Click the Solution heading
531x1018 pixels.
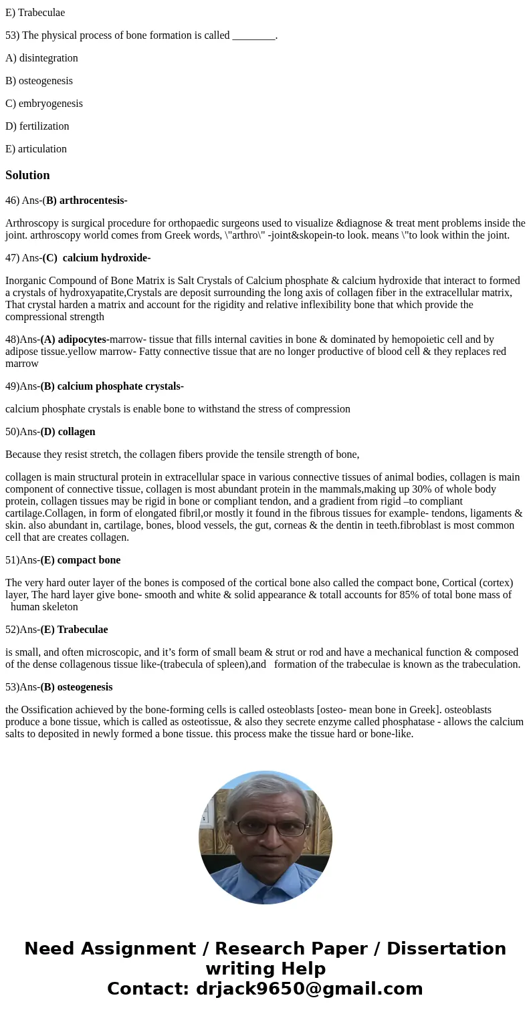27,175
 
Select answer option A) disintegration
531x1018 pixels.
41,58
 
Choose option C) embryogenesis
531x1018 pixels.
44,104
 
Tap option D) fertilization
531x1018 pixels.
37,126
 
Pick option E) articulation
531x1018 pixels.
36,149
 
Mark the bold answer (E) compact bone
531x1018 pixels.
80,560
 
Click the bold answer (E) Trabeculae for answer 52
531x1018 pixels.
74,630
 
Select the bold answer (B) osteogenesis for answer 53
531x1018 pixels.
76,687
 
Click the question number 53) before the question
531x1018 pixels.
12,35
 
